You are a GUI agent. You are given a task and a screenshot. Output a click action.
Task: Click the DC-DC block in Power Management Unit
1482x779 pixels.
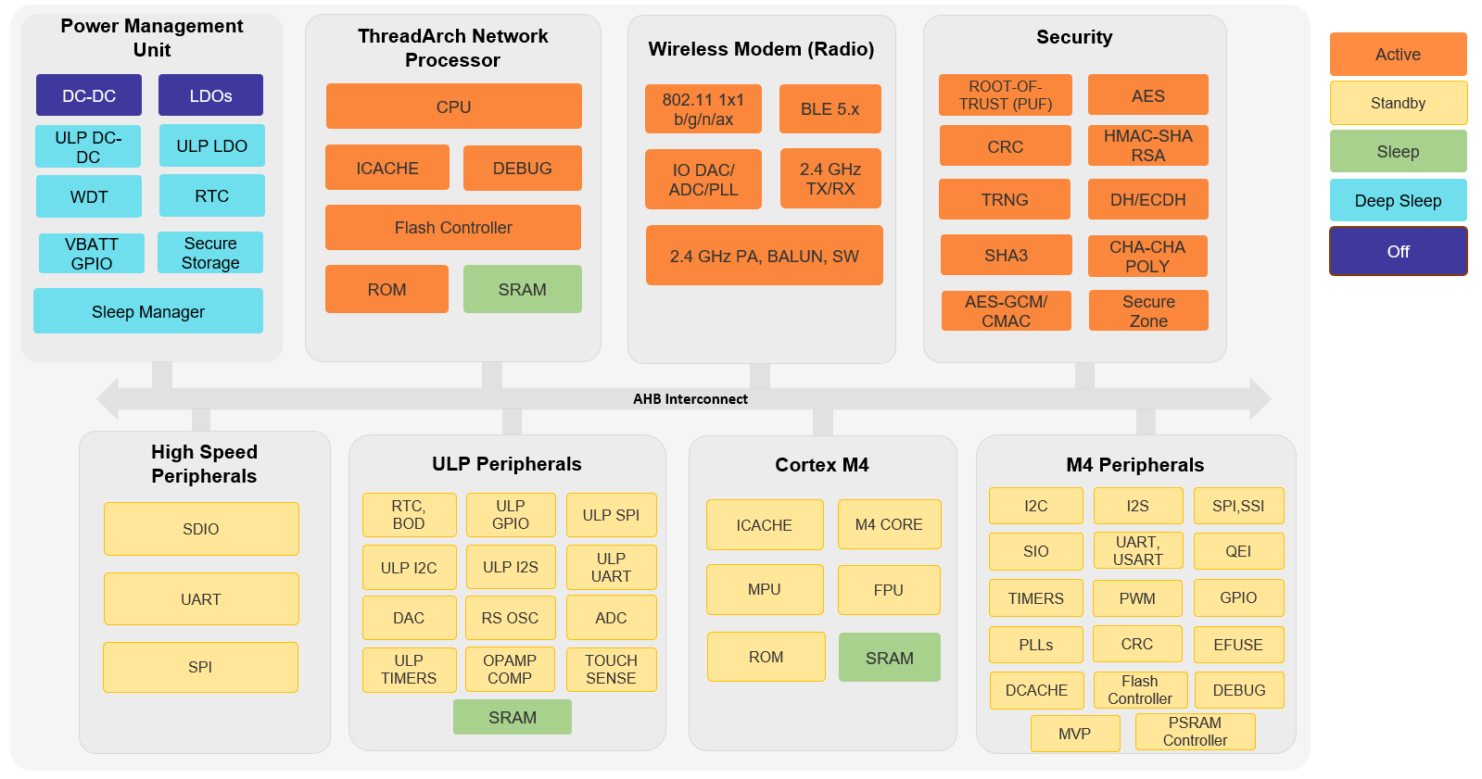tap(89, 95)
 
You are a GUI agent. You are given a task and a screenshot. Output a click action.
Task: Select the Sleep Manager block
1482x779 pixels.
tap(148, 311)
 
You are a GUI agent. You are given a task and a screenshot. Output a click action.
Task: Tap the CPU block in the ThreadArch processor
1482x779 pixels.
tap(453, 107)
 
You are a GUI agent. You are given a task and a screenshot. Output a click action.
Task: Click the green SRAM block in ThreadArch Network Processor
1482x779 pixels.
tap(522, 289)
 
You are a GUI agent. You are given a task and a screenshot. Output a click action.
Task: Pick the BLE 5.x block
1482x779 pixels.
tap(830, 108)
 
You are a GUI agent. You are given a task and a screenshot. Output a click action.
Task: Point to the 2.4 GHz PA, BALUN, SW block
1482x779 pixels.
tap(764, 256)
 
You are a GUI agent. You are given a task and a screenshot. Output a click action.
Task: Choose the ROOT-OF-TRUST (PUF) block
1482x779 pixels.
tap(1005, 95)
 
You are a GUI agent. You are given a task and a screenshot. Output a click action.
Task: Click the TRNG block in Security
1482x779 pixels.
tap(1005, 199)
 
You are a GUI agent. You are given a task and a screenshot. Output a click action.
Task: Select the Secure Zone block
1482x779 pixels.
tap(1147, 310)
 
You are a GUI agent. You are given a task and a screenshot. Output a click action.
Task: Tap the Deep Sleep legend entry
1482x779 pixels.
tap(1397, 200)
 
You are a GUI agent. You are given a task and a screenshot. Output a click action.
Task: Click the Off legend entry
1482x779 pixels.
tap(1397, 251)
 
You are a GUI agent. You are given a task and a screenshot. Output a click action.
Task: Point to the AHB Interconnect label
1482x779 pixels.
tap(690, 399)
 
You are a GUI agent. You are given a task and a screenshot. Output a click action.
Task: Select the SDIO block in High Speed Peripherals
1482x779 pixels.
tap(201, 529)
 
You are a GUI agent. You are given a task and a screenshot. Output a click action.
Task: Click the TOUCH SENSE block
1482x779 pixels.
tap(611, 669)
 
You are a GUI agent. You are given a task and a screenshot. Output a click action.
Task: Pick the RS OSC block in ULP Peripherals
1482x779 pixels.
tap(510, 618)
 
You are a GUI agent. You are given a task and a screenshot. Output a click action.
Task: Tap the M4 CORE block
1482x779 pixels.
tap(888, 524)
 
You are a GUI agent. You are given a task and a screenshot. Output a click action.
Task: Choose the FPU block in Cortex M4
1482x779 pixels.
tap(888, 590)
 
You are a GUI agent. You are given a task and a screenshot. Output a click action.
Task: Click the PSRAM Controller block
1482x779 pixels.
tap(1194, 731)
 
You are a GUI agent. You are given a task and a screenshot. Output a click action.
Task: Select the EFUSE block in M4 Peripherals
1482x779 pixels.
tap(1237, 645)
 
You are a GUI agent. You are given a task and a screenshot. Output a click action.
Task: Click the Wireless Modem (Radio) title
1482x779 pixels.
tap(761, 49)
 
